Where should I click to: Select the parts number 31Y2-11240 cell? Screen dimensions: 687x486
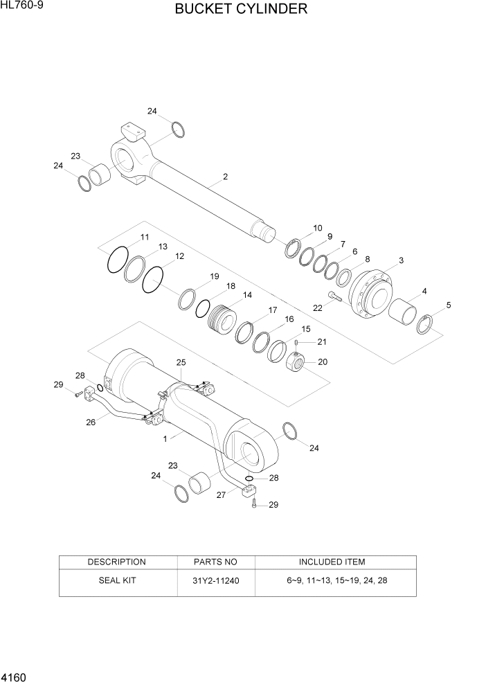215,580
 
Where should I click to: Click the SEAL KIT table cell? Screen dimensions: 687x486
116,580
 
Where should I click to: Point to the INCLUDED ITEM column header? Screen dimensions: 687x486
332,562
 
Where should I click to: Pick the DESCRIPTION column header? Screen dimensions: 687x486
116,562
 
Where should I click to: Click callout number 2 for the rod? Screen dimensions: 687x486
225,177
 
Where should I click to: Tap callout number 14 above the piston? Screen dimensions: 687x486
246,294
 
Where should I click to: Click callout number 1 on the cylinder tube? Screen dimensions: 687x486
165,438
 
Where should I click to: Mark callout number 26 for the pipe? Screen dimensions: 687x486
91,422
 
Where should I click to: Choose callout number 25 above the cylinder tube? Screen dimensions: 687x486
181,362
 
